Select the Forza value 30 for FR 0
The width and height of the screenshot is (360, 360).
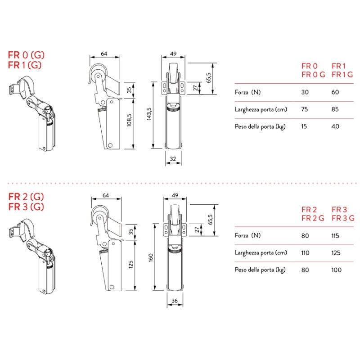pyautogui.click(x=305, y=92)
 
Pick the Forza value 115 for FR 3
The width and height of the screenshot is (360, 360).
pyautogui.click(x=336, y=235)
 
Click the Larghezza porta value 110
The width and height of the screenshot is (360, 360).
pyautogui.click(x=305, y=252)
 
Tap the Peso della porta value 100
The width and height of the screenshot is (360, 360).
pyautogui.click(x=336, y=270)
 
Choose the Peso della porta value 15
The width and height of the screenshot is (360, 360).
pyautogui.click(x=305, y=126)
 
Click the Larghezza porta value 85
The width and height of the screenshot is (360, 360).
pyautogui.click(x=336, y=109)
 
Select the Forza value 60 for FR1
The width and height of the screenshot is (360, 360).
pyautogui.click(x=336, y=92)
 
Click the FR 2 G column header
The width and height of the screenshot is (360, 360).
pyautogui.click(x=313, y=218)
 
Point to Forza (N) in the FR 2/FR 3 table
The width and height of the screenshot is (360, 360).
pyautogui.click(x=247, y=235)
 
